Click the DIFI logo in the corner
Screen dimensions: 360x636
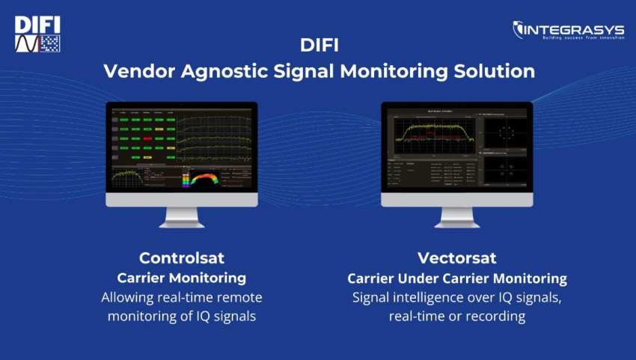coord(37,34)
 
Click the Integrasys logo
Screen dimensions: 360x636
coord(568,31)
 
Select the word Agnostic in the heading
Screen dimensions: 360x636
coord(218,71)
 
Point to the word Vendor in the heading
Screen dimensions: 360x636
coord(135,71)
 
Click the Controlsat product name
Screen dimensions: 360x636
coord(182,258)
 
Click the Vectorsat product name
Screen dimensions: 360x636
coord(456,258)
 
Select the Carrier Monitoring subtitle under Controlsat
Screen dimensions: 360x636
coord(182,278)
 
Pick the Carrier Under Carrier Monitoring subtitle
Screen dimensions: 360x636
coord(456,278)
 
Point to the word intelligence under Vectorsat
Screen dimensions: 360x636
coord(426,297)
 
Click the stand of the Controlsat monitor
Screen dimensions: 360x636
coord(181,216)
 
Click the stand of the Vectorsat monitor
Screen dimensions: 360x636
coord(456,216)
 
